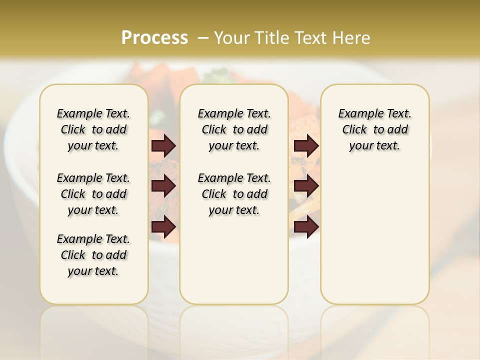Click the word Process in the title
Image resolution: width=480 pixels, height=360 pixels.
coord(154,38)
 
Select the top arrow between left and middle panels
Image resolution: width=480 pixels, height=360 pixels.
coord(163,146)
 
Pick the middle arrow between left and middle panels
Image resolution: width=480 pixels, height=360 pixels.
coord(163,186)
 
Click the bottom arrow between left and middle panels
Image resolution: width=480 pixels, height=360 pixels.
coord(163,227)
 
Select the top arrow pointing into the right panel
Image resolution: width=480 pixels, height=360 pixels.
coord(306,146)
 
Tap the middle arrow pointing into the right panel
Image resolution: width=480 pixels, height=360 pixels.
coord(306,186)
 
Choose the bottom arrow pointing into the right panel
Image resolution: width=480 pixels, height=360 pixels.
coord(306,227)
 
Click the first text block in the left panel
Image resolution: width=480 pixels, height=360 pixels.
coord(93,129)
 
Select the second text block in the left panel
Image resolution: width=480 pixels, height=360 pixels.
coord(93,194)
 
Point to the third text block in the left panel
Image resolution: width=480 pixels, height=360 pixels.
coord(93,255)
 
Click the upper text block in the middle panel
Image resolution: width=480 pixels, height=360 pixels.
coord(234,129)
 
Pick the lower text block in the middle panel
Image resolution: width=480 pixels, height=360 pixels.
coord(234,194)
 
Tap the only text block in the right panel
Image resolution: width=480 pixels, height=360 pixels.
coord(374,129)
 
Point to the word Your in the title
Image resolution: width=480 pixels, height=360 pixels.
coord(231,38)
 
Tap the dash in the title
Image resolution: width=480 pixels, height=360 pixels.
coord(203,38)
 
